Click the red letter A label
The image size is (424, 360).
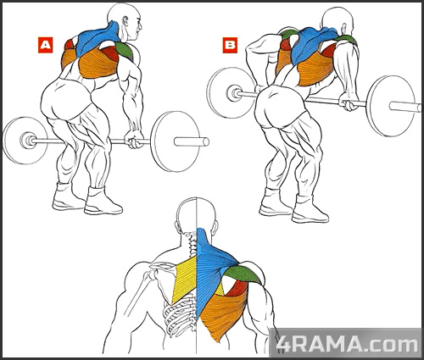(x=45, y=45)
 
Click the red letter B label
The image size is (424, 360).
(x=230, y=45)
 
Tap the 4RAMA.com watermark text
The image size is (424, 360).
(x=347, y=344)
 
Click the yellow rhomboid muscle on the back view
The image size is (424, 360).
(x=184, y=279)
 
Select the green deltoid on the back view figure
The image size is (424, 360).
(x=243, y=274)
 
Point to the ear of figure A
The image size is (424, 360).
(x=125, y=22)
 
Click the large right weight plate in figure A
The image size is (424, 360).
(x=176, y=141)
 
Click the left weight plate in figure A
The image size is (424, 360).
(x=25, y=141)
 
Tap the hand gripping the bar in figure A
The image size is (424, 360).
(x=134, y=139)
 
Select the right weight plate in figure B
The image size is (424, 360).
(x=391, y=106)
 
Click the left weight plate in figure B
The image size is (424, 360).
(x=232, y=92)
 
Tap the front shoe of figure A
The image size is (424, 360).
(x=103, y=202)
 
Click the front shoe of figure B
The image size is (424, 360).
(x=310, y=210)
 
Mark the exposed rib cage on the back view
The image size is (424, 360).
(x=181, y=315)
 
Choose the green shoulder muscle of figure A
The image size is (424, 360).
(x=124, y=50)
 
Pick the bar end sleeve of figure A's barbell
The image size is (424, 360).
(x=192, y=141)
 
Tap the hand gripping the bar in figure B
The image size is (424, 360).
(x=349, y=102)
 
